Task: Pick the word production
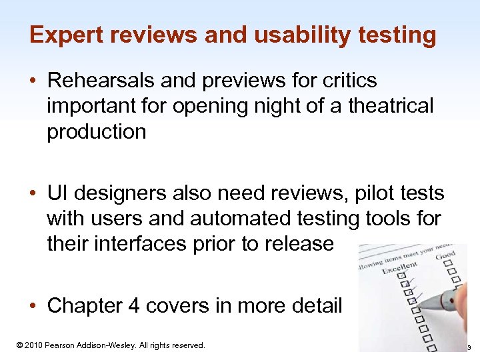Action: [x=96, y=131]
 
